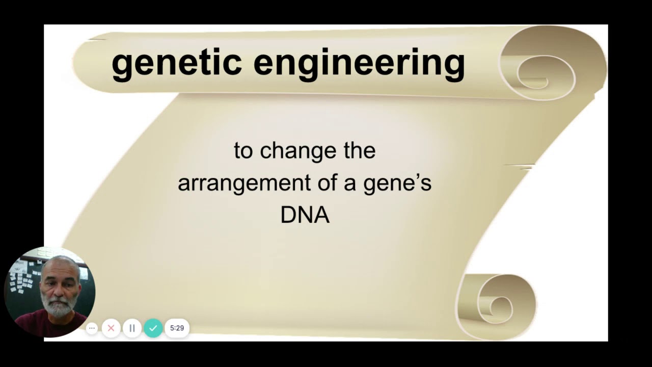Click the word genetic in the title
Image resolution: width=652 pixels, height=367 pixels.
click(x=176, y=62)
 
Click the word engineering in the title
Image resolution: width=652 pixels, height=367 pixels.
click(x=359, y=63)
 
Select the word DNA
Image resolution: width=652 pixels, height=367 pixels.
click(x=305, y=215)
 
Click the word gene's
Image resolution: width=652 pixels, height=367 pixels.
click(x=397, y=183)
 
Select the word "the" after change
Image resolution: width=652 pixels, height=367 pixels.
click(x=359, y=151)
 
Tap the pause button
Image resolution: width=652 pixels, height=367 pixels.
click(x=132, y=328)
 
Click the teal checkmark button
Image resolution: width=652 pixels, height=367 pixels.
click(x=153, y=328)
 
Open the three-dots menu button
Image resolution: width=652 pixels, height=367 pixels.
click(x=92, y=328)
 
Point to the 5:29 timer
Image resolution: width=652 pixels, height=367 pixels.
click(x=177, y=328)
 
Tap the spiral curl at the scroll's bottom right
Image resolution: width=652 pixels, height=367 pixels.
click(x=497, y=306)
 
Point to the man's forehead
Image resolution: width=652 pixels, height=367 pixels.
click(x=61, y=268)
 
